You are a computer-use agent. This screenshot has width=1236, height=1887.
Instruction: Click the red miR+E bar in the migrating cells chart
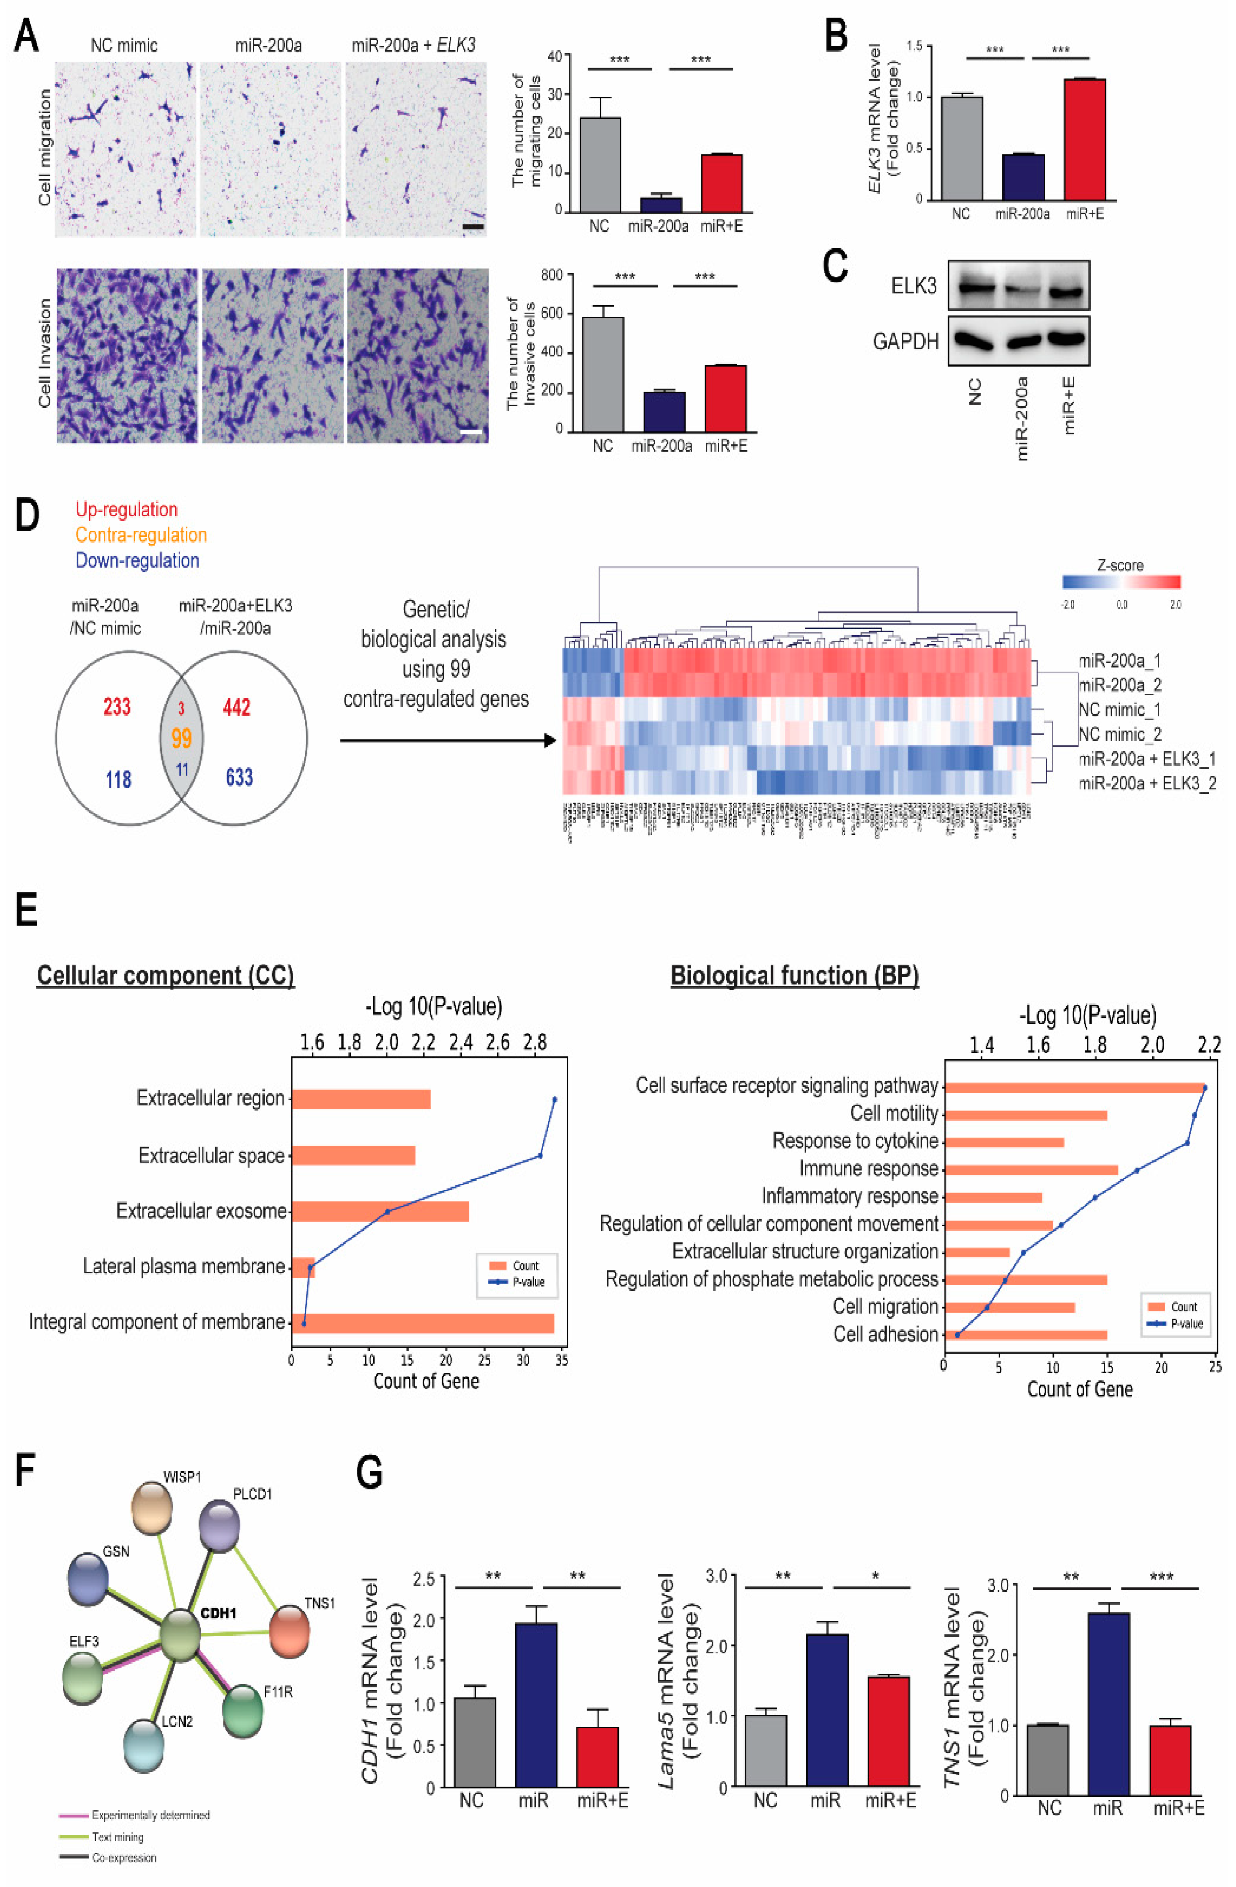[x=722, y=183]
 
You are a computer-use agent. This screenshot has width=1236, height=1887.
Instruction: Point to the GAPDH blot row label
[x=905, y=342]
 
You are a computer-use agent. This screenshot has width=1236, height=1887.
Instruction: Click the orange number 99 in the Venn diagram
[x=182, y=739]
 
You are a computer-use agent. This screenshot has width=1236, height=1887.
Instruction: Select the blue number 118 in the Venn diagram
[x=118, y=779]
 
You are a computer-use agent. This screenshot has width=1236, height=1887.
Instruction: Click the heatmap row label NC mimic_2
[x=1119, y=734]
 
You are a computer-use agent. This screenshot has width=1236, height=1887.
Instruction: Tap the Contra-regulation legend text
[x=141, y=535]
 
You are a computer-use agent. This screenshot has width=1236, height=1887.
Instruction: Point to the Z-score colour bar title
[x=1119, y=565]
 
